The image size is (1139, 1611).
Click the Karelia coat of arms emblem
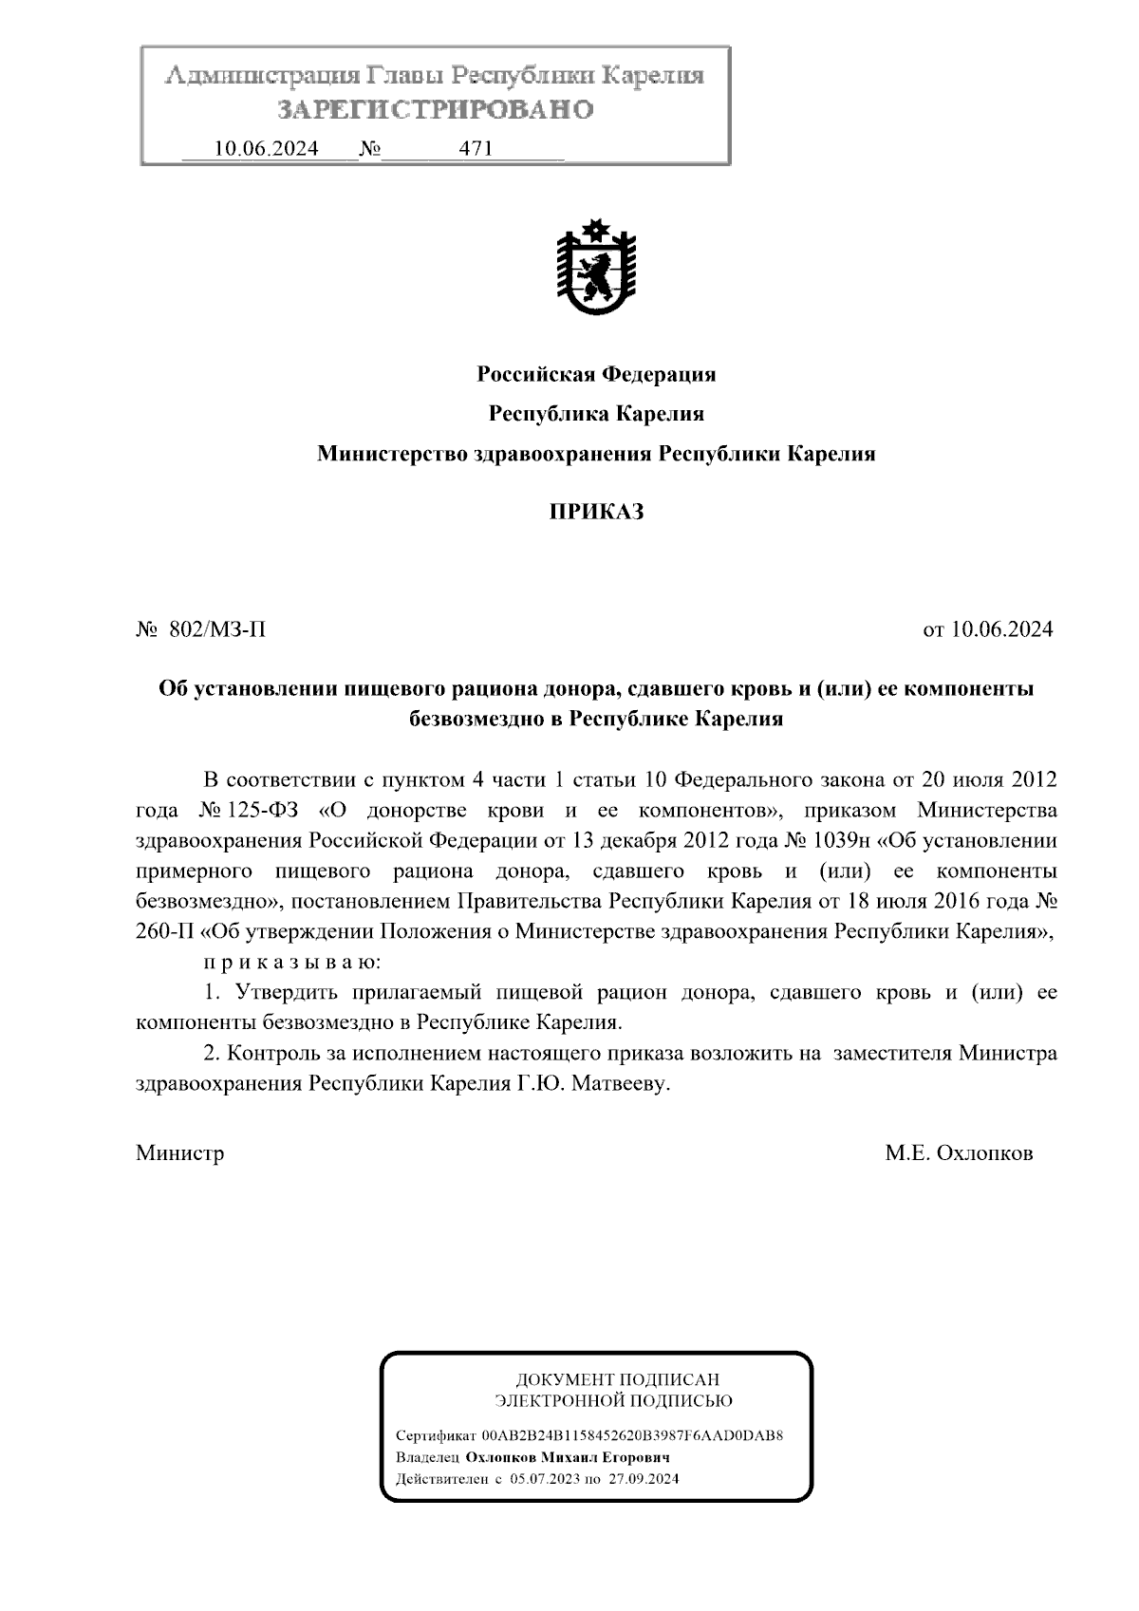(x=595, y=269)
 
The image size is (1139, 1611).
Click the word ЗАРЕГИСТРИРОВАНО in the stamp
(x=435, y=110)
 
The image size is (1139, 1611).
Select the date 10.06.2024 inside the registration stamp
(x=267, y=149)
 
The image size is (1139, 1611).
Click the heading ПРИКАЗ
(x=596, y=513)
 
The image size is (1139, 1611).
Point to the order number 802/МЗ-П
(x=217, y=629)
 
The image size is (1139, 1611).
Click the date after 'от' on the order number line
(x=1000, y=629)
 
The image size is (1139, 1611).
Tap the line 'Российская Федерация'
(x=596, y=374)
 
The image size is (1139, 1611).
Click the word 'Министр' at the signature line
(x=180, y=1153)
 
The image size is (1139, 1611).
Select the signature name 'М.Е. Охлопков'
(x=959, y=1153)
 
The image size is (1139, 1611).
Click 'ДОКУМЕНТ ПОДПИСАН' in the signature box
(x=617, y=1379)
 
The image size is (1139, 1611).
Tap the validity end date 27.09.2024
(x=644, y=1479)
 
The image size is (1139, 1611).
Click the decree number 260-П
(x=165, y=932)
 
